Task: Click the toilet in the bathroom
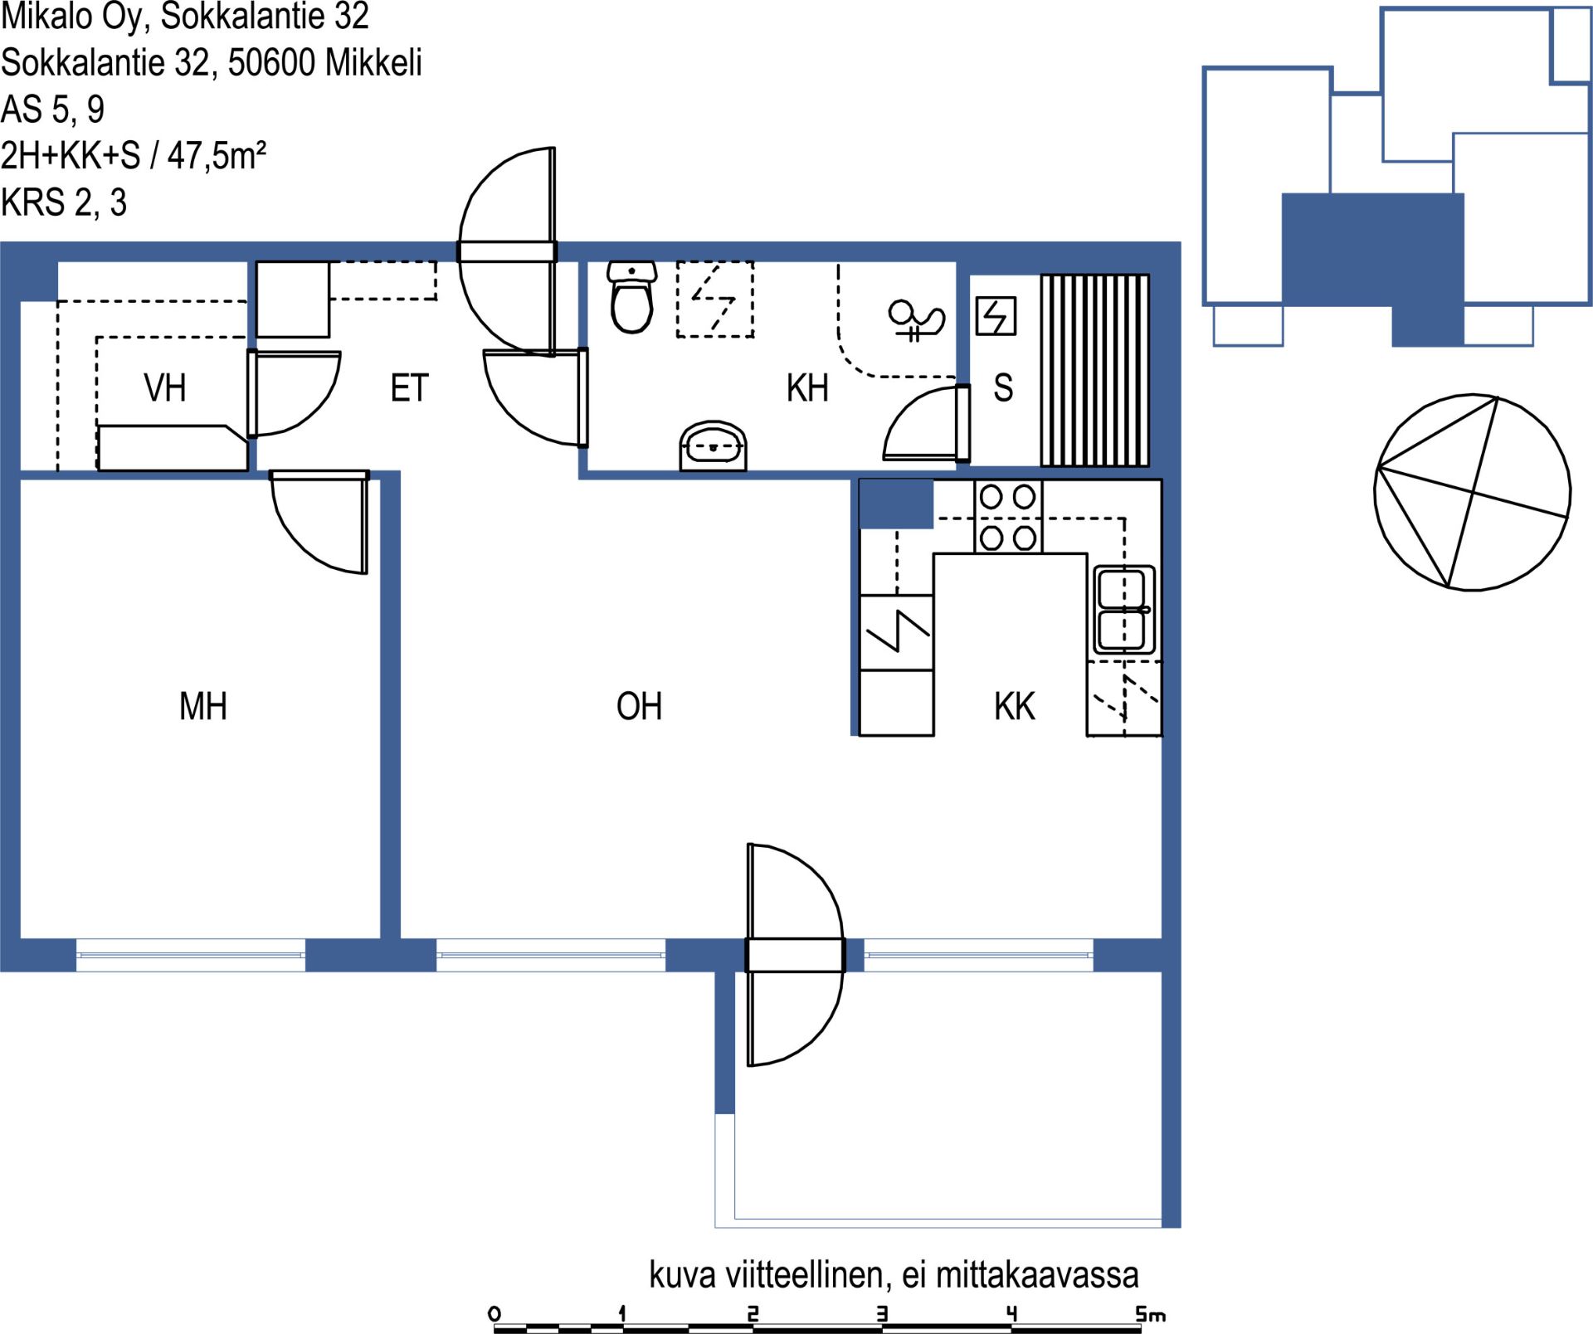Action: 631,296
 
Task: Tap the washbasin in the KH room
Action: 713,446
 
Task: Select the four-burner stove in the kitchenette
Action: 1008,517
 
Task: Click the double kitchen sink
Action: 1124,610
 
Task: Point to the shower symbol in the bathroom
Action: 916,319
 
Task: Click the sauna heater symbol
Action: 996,316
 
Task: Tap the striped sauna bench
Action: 1095,370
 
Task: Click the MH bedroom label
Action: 203,707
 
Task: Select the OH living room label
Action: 639,707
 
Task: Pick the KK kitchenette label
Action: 1014,707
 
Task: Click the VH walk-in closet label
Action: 164,388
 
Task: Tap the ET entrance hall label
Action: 409,388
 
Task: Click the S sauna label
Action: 1003,388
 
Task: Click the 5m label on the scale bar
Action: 1151,1314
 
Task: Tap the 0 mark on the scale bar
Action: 494,1314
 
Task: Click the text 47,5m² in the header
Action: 217,155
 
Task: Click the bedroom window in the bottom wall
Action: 191,955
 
